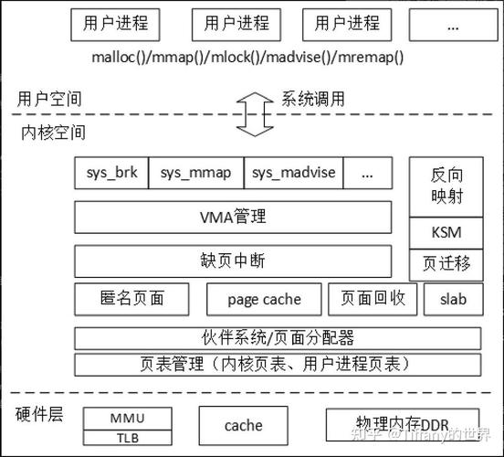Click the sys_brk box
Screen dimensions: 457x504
pyautogui.click(x=111, y=172)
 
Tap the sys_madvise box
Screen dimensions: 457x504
pyautogui.click(x=293, y=172)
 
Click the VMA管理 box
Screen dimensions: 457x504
pyautogui.click(x=233, y=218)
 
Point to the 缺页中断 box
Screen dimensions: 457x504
pyautogui.click(x=233, y=260)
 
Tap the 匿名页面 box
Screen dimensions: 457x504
pyautogui.click(x=131, y=298)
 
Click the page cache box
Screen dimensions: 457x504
pyautogui.click(x=264, y=299)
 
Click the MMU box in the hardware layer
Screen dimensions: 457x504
pyautogui.click(x=127, y=418)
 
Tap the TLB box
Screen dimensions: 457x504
pyautogui.click(x=127, y=437)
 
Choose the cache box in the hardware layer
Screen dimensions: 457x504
pyautogui.click(x=243, y=425)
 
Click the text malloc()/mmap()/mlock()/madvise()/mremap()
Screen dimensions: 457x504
pyautogui.click(x=248, y=57)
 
